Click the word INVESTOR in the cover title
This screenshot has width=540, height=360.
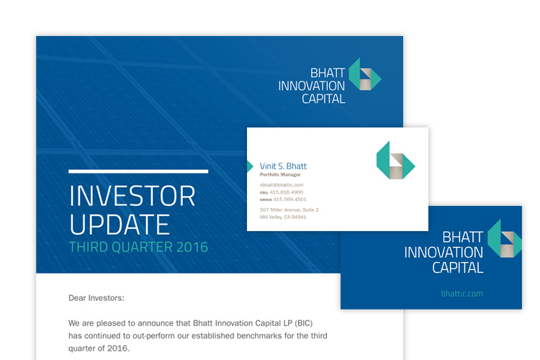(132, 196)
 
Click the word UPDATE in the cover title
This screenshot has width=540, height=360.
(120, 225)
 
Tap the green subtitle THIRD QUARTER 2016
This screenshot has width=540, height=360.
(138, 247)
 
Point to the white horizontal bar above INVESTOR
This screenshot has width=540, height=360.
(138, 171)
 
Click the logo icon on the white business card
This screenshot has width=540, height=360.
(395, 160)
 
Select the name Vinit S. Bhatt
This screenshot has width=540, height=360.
(283, 166)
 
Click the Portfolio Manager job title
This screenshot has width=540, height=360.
(280, 175)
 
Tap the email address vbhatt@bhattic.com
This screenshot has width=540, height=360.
(282, 185)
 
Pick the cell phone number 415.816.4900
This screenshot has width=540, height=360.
(286, 192)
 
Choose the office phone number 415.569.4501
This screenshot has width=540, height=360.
(289, 199)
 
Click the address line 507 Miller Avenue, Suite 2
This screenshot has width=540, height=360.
(289, 210)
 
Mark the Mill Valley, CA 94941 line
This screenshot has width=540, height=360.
(283, 217)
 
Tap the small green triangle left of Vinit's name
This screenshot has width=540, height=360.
(250, 166)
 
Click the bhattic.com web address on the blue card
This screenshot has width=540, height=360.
(462, 294)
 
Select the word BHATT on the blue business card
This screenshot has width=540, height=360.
(462, 237)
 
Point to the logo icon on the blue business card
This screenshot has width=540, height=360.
(505, 239)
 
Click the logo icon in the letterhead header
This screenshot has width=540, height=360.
(365, 74)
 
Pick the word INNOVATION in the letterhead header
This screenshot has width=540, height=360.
(311, 86)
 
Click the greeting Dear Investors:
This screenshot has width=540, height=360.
(96, 298)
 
